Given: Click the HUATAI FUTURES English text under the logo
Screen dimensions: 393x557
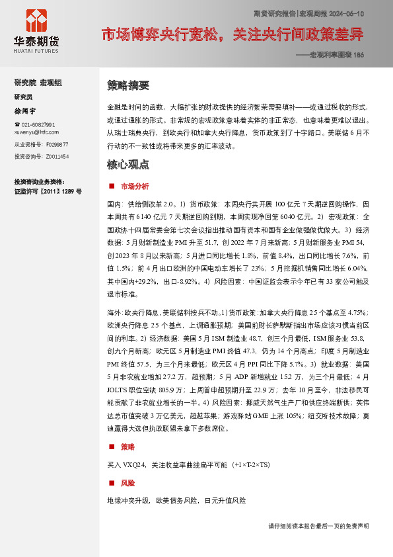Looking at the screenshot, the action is pyautogui.click(x=36, y=50).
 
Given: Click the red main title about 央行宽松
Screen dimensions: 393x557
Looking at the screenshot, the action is pyautogui.click(x=232, y=34).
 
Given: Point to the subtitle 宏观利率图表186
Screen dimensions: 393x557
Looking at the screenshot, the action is pyautogui.click(x=332, y=55).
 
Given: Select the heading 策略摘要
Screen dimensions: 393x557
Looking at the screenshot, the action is pyautogui.click(x=128, y=85).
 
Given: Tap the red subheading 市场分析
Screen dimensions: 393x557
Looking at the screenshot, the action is pyautogui.click(x=135, y=187).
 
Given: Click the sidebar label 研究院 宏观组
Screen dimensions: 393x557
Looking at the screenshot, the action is pyautogui.click(x=38, y=82).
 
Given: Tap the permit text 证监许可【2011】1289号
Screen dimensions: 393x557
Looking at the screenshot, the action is pyautogui.click(x=48, y=191).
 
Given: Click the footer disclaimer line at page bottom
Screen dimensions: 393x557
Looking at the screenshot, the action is pyautogui.click(x=318, y=526).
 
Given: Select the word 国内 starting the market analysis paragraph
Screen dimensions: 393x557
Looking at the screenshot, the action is pyautogui.click(x=114, y=204).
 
